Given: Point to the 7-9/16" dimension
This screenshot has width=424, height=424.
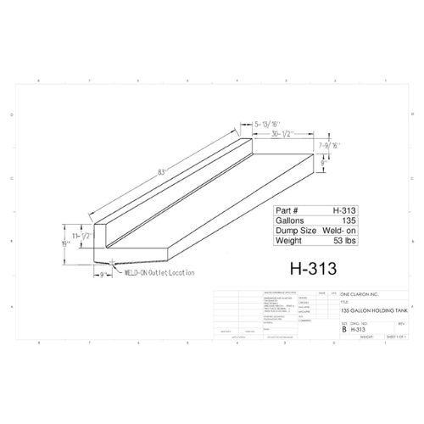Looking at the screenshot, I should tap(332, 147).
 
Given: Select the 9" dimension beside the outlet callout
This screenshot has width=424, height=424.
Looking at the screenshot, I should tap(103, 274).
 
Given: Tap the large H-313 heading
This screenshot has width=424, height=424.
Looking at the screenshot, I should tap(314, 268).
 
